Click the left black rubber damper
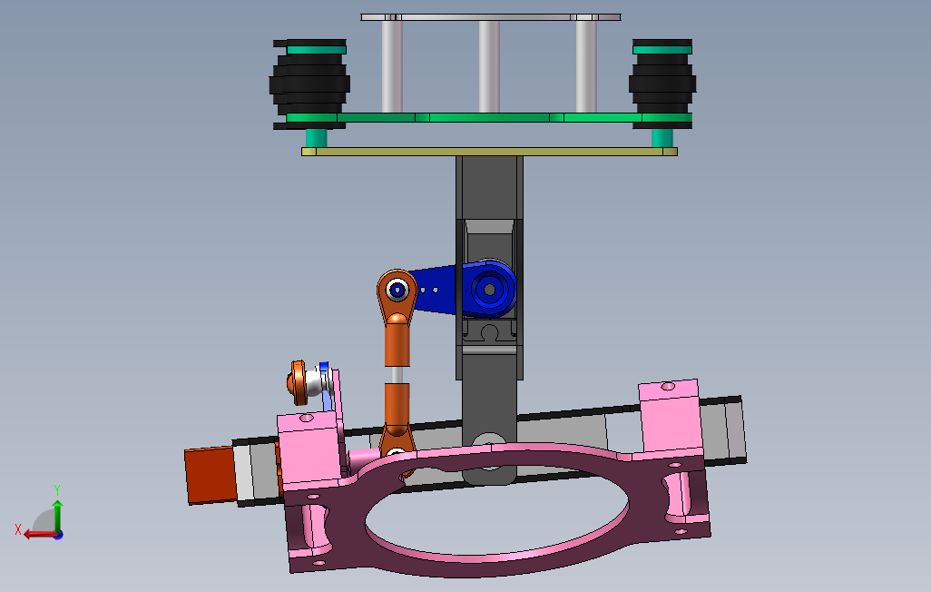(x=309, y=84)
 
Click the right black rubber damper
(x=662, y=84)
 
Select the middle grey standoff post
(x=489, y=66)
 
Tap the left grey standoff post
(x=392, y=66)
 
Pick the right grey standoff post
(x=586, y=66)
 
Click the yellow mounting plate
(x=489, y=152)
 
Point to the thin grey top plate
(x=490, y=17)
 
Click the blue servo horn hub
(x=489, y=289)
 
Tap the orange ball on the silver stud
(x=297, y=382)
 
